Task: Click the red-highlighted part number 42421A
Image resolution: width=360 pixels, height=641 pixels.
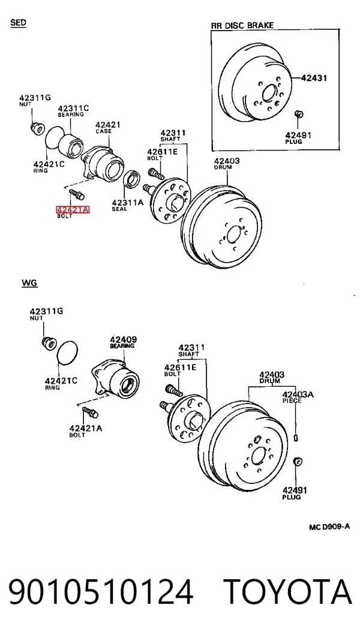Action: coord(73,210)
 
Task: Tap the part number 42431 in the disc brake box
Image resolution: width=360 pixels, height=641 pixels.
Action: coord(314,77)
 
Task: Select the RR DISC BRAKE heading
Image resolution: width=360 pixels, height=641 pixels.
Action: coord(242,25)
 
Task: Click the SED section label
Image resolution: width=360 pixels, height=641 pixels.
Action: coord(19,22)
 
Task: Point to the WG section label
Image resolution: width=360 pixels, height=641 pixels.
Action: coord(29,282)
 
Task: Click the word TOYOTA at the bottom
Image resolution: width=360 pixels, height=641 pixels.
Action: coord(288,592)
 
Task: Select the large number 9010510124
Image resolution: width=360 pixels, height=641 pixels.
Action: coord(101,592)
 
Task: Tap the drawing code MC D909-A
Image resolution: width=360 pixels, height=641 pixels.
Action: coord(329,526)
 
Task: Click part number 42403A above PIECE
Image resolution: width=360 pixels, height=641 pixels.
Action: coord(298,395)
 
